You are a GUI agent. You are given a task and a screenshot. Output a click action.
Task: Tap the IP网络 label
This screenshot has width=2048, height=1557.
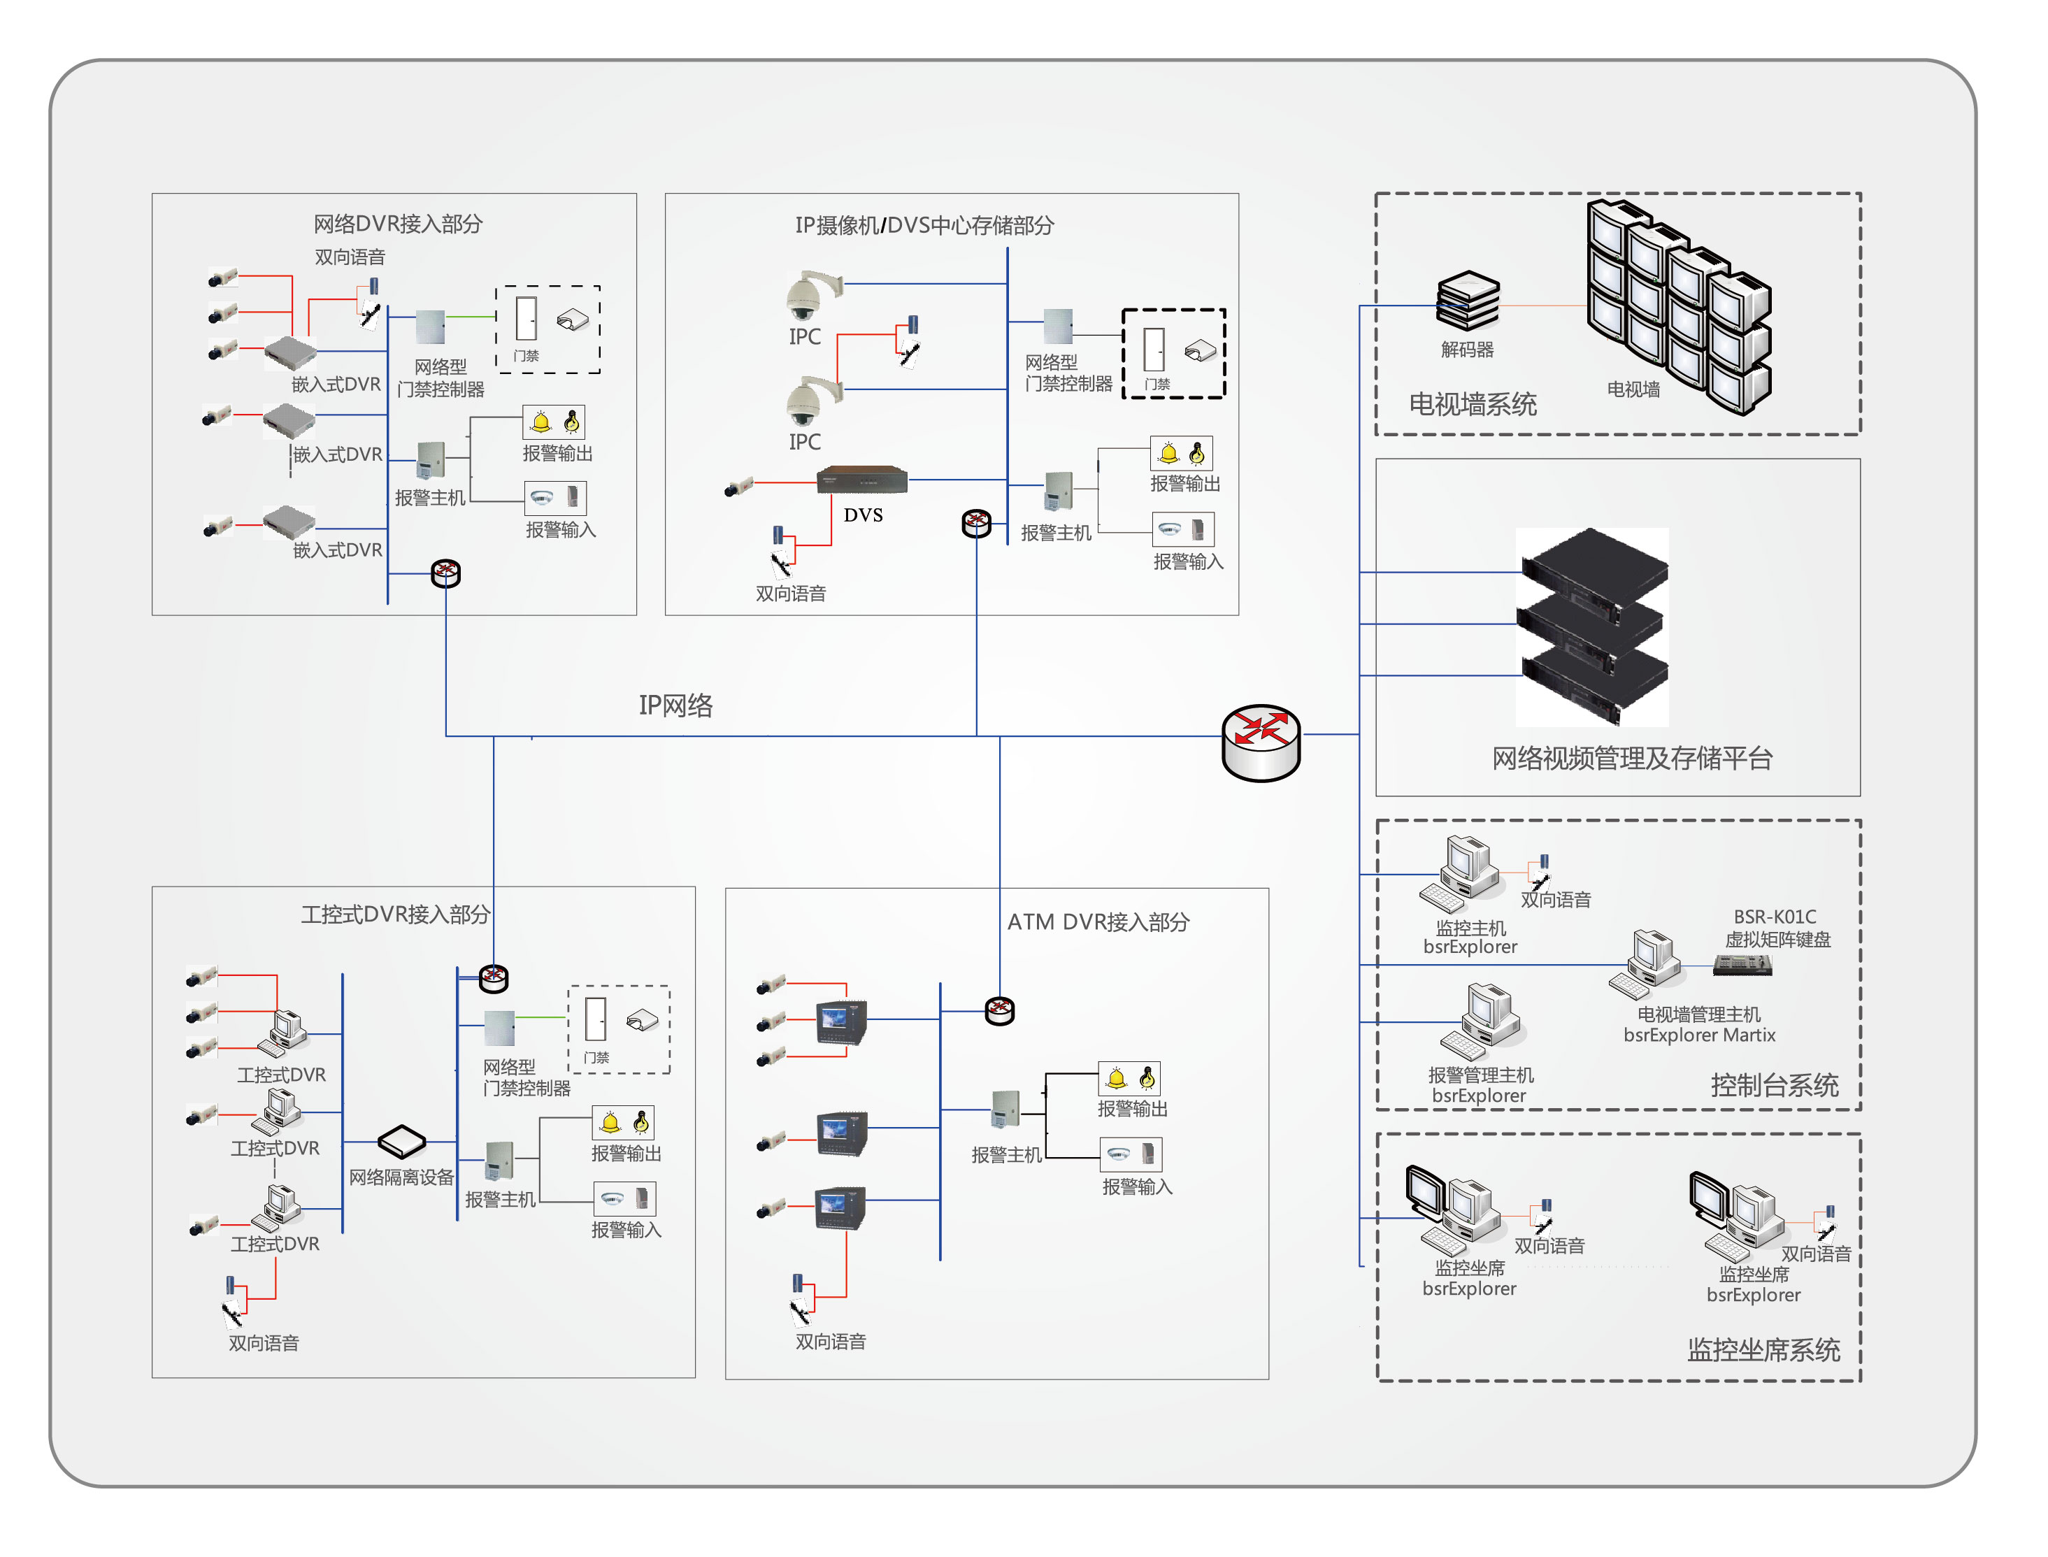click(675, 705)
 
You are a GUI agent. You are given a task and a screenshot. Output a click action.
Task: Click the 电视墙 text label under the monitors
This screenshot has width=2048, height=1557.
click(1633, 389)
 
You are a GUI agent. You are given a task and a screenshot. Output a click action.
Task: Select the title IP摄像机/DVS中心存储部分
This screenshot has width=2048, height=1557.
click(924, 225)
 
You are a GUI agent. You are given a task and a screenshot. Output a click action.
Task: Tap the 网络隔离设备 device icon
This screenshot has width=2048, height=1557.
click(401, 1141)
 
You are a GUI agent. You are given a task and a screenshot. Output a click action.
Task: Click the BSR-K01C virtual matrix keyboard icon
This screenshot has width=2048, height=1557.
click(1742, 966)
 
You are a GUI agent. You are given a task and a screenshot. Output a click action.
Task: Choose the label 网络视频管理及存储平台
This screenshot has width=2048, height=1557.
click(1632, 758)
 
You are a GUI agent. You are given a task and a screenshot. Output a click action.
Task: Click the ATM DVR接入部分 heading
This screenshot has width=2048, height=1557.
click(1098, 922)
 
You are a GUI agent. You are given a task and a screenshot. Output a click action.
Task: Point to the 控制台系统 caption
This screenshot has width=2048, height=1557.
click(1774, 1085)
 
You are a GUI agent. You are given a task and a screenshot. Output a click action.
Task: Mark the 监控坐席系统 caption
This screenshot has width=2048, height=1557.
click(1763, 1349)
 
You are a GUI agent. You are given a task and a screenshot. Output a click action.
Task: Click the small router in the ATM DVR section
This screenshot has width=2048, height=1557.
click(999, 1010)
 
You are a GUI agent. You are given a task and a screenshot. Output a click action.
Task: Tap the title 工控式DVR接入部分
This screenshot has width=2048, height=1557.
click(395, 914)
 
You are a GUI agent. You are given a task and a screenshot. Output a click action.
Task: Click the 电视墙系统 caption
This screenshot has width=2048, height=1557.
click(1473, 404)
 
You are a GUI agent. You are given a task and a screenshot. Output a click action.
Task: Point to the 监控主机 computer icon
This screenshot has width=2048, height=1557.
click(1464, 871)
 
